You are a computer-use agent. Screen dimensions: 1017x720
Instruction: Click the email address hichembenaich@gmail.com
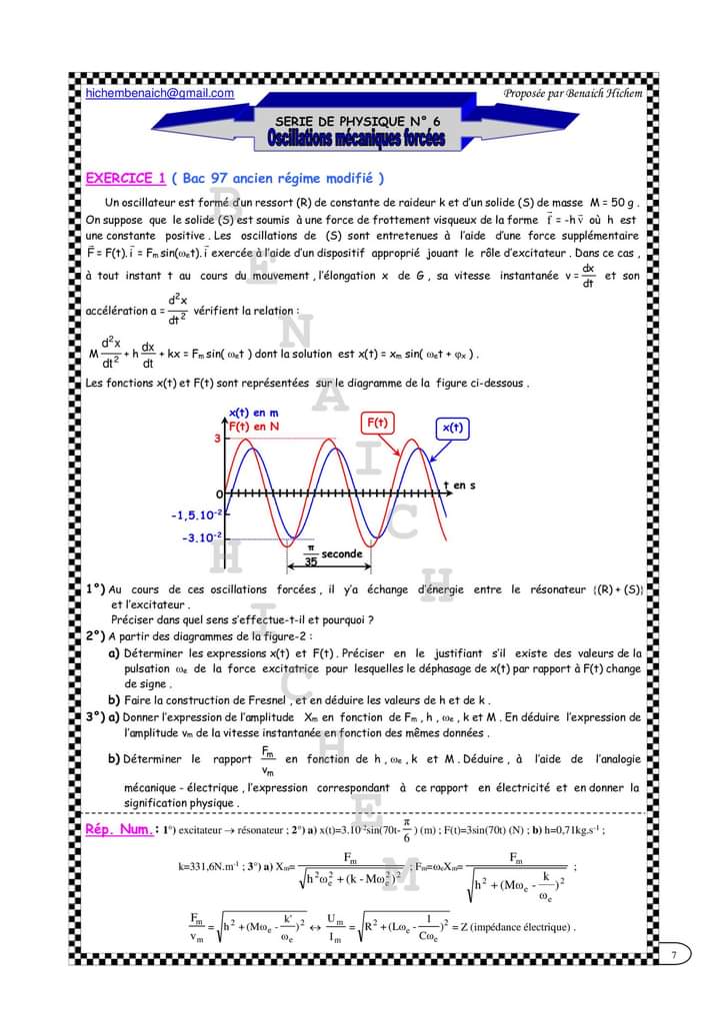[x=160, y=94]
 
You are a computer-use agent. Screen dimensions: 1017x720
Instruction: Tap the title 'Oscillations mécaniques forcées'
[x=356, y=138]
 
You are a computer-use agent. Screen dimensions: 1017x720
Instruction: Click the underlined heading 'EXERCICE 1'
[x=126, y=179]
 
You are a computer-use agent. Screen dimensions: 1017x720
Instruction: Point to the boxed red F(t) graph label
[x=377, y=423]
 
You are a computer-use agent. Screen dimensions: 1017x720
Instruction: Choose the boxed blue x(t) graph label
[x=453, y=428]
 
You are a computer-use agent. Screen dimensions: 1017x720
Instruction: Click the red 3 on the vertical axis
[x=215, y=438]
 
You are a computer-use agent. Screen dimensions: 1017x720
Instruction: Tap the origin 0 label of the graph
[x=218, y=495]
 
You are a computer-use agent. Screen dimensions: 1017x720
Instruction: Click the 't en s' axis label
[x=459, y=486]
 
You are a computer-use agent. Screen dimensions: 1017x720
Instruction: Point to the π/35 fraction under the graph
[x=310, y=554]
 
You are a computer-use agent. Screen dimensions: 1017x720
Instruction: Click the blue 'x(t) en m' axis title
[x=254, y=412]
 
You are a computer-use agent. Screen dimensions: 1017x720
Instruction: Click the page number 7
[x=675, y=956]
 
